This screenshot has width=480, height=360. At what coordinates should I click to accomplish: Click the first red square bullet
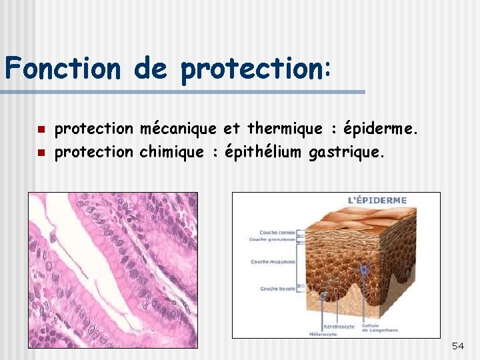tap(40, 129)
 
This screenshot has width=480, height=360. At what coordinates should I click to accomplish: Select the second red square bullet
tap(40, 153)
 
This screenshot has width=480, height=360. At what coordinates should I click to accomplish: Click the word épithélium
tap(265, 152)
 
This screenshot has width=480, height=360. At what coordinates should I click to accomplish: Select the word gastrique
tap(346, 152)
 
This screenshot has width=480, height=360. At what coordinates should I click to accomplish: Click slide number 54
tap(457, 346)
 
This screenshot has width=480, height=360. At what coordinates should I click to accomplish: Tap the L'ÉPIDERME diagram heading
tap(377, 200)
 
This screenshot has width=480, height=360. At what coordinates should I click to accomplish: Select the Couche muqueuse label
tap(273, 262)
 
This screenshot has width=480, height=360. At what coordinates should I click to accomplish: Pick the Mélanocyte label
tap(323, 333)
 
